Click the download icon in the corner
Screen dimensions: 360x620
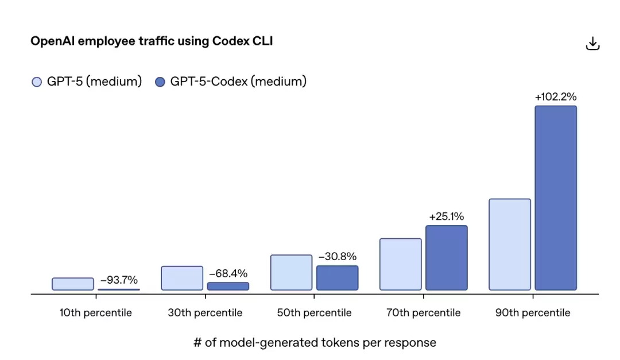tap(592, 44)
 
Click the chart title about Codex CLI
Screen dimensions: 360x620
tap(152, 41)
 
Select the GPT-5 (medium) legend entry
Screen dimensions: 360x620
tap(87, 82)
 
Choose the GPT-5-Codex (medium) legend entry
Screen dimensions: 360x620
tap(231, 82)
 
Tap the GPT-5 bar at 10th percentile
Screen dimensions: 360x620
tap(73, 284)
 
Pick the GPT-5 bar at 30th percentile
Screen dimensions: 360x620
tap(182, 278)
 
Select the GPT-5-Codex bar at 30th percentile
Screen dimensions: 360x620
tap(228, 286)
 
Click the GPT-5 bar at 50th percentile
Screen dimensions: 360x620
tap(291, 272)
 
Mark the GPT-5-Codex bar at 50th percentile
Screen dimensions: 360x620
tap(337, 278)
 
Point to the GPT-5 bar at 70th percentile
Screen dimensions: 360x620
tap(401, 264)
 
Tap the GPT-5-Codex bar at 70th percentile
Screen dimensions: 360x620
tap(447, 258)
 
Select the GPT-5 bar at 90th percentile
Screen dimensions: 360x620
tap(510, 244)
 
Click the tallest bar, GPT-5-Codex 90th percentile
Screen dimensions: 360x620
tap(556, 198)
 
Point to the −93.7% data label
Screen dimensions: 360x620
tap(119, 280)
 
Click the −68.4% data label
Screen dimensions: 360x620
tap(228, 274)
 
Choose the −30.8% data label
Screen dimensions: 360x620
tap(338, 257)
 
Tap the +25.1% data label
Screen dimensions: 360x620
tap(447, 216)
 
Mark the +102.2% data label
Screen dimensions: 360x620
tap(556, 97)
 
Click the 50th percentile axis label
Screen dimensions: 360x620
tap(314, 313)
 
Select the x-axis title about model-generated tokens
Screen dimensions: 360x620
tap(315, 343)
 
